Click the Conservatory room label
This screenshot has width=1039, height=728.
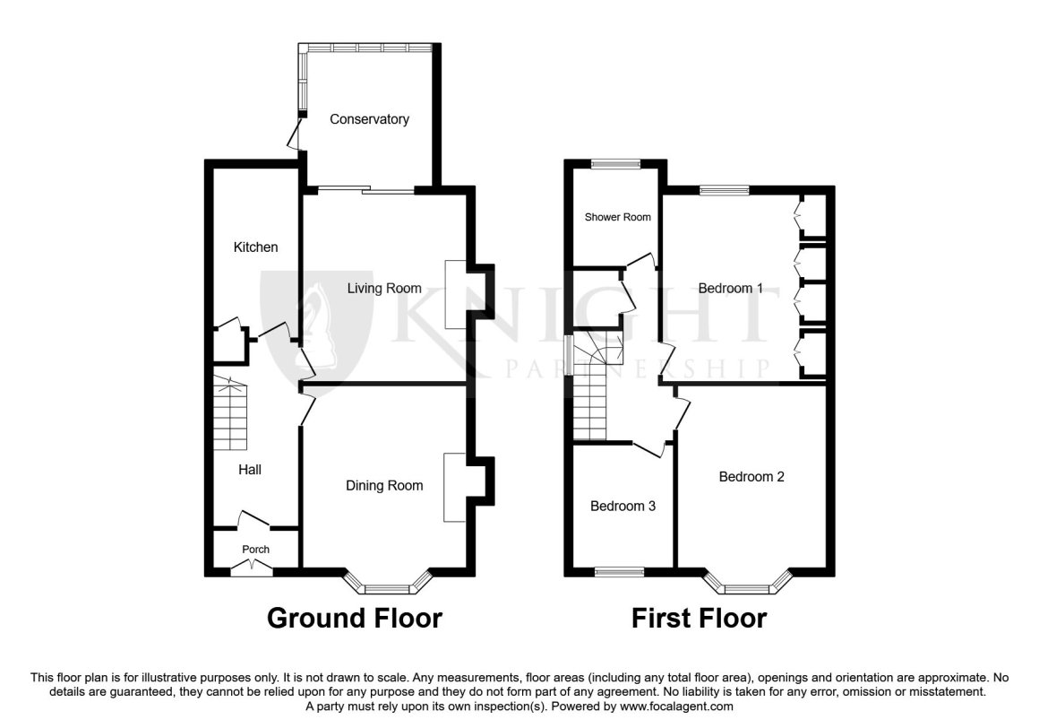click(369, 119)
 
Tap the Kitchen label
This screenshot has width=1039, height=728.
click(256, 247)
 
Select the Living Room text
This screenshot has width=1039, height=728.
click(384, 289)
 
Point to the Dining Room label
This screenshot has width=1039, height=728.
click(384, 486)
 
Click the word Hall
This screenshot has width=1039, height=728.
click(250, 470)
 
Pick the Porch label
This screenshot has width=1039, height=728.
click(256, 549)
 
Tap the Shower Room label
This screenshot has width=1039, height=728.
click(617, 217)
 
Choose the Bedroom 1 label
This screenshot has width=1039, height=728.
click(730, 289)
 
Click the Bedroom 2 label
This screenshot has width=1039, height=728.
click(751, 477)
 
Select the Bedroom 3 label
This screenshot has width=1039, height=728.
click(623, 506)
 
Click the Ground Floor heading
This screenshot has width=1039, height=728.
click(355, 618)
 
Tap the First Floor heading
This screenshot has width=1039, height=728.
click(699, 618)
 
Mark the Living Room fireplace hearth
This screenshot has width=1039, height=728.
click(455, 294)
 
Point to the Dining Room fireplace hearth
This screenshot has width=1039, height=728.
click(455, 488)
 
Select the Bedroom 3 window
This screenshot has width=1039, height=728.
click(620, 571)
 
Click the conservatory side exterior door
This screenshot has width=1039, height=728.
click(294, 134)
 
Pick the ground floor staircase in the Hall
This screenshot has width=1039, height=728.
click(230, 413)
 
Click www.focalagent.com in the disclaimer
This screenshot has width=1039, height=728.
click(676, 706)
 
